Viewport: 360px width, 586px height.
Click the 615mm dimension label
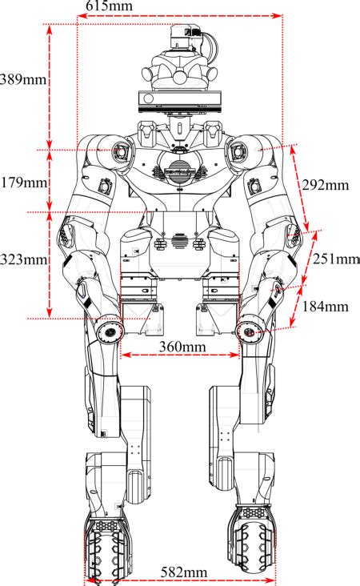(x=109, y=6)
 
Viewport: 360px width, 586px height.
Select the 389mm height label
(x=23, y=79)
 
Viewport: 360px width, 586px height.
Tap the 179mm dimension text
(x=24, y=183)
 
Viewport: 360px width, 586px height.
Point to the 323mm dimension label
(x=23, y=259)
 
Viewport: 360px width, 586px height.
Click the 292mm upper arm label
(x=326, y=185)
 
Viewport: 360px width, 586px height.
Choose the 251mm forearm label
(x=336, y=259)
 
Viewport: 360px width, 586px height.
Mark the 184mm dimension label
(x=325, y=307)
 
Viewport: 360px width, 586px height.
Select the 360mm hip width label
(x=182, y=347)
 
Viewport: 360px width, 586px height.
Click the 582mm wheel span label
(x=184, y=572)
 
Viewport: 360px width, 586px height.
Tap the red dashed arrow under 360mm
(x=180, y=355)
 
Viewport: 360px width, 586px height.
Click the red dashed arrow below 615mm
(x=180, y=16)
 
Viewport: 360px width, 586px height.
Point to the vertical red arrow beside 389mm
(x=50, y=86)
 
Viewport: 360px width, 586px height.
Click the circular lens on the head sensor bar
(x=149, y=98)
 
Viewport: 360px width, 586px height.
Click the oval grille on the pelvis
(x=180, y=241)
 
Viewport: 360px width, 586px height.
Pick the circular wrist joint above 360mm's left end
(x=110, y=332)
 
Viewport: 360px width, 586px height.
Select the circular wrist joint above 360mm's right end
(x=249, y=332)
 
